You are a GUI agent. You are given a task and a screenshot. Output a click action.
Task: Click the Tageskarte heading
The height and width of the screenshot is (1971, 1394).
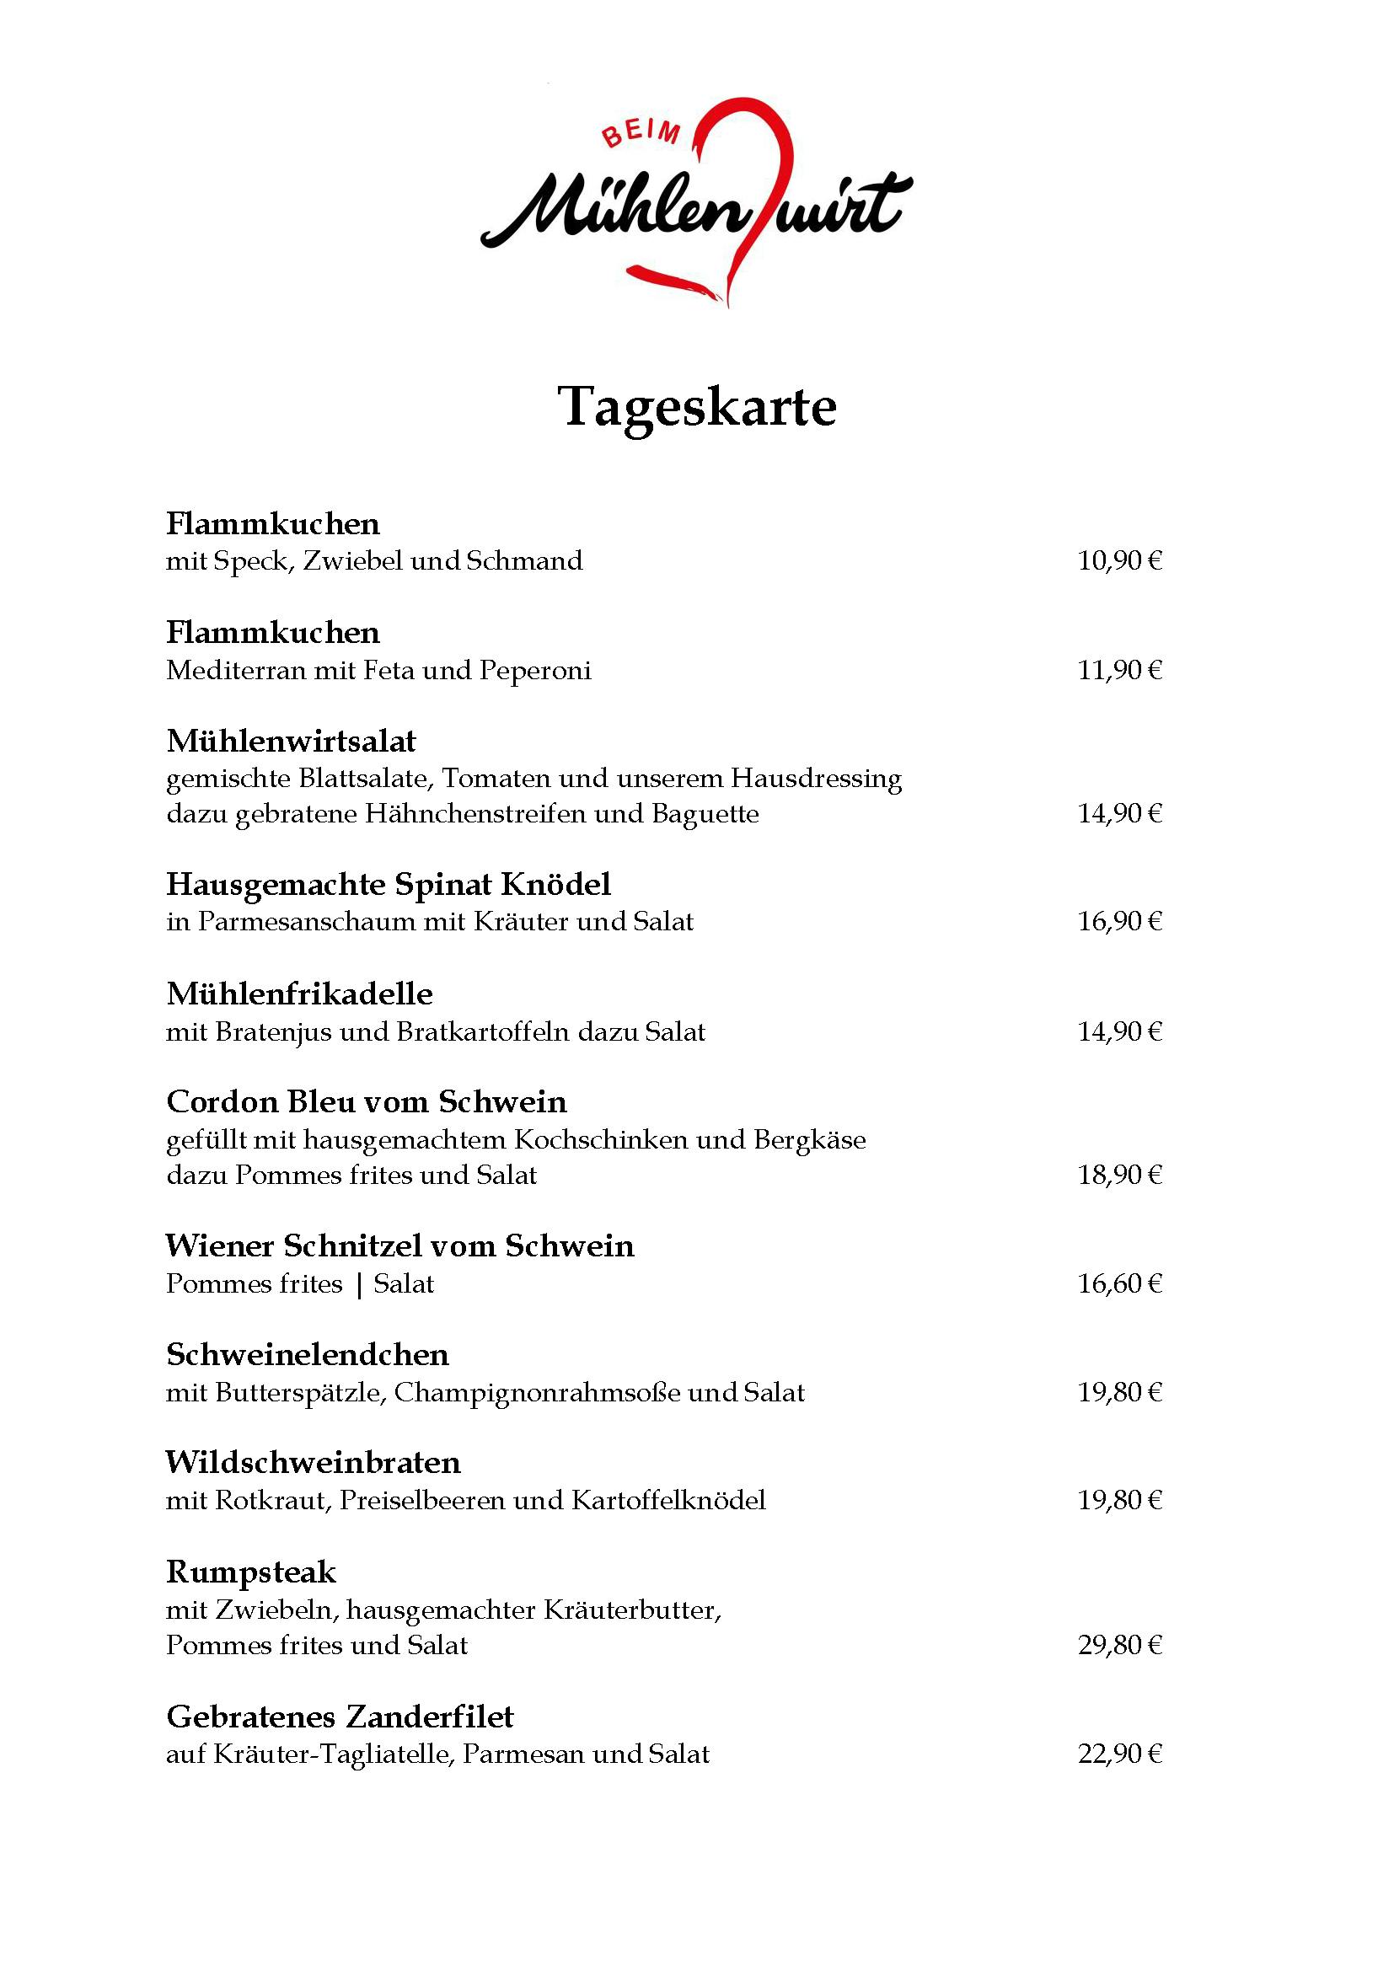[x=697, y=406]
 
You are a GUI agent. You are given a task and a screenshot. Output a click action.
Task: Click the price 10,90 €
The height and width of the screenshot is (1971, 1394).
[x=1119, y=561]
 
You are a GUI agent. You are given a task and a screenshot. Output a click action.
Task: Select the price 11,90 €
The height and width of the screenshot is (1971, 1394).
[x=1119, y=671]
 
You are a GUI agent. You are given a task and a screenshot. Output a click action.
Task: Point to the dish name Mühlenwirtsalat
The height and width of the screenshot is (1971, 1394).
[x=291, y=741]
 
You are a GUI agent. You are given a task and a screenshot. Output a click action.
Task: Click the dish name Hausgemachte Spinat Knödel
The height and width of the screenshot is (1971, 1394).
[x=388, y=884]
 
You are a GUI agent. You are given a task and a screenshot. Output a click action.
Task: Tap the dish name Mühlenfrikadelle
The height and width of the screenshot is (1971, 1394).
[x=299, y=994]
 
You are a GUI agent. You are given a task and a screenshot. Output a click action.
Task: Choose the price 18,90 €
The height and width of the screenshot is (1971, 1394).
[x=1119, y=1176]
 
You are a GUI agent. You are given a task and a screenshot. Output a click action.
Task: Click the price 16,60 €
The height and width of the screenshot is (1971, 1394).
[x=1119, y=1284]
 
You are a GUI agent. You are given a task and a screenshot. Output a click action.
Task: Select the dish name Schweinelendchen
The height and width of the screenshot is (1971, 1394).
[x=308, y=1355]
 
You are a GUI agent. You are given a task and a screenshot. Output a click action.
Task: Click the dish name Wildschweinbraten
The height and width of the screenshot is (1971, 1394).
[x=314, y=1463]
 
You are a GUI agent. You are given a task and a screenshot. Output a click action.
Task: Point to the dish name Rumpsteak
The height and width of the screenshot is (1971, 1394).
[x=250, y=1572]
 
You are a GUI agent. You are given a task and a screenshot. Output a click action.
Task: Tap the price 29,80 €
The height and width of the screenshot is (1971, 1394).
[x=1119, y=1646]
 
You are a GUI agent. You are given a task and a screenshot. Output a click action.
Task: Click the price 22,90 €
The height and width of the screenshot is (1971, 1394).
[x=1119, y=1754]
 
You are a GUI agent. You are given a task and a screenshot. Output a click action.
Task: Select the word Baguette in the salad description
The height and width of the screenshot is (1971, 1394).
[x=705, y=814]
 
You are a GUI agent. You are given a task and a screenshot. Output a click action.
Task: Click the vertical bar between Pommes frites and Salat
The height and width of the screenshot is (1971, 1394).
[x=359, y=1285]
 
